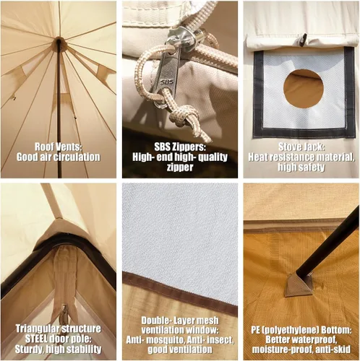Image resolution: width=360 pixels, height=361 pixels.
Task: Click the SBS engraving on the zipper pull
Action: coord(167,82)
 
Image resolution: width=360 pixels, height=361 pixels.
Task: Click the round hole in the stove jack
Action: coord(304,89)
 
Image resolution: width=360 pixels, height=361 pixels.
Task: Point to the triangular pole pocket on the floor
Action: coord(299,284)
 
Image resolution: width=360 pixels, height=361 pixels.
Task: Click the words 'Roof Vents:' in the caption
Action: coord(57,147)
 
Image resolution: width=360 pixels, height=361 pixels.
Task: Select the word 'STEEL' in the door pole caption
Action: coord(36,339)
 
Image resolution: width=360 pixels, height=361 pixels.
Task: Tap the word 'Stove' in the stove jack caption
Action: coord(289,147)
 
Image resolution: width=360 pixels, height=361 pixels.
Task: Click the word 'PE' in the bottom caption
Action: coord(256,329)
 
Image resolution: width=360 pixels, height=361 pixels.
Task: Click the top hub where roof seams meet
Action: coord(59,40)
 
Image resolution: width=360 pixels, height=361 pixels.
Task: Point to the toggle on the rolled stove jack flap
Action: coord(303,40)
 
